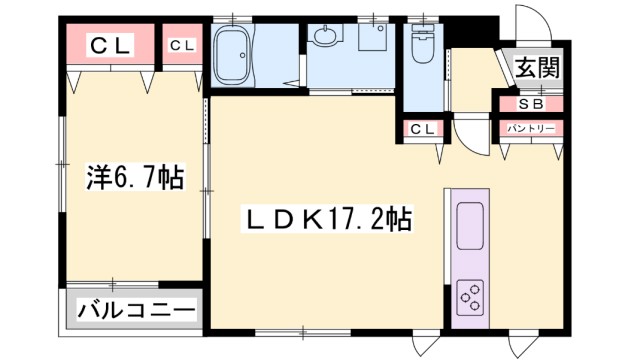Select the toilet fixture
tap(421, 44)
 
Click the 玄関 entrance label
tap(537, 68)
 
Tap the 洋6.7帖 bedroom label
tap(134, 178)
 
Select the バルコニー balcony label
tap(136, 310)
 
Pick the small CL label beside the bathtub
tap(182, 45)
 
